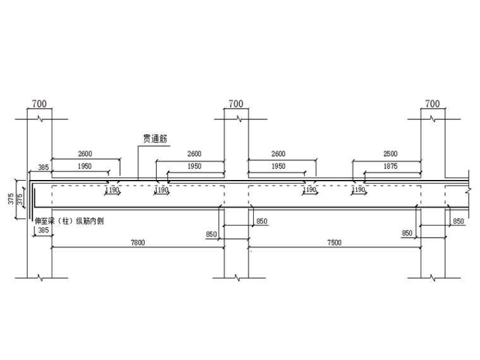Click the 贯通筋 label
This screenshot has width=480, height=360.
point(155,139)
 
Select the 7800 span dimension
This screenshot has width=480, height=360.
point(138,243)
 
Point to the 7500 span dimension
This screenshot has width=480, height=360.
point(334,243)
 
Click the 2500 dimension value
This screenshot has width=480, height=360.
point(390,154)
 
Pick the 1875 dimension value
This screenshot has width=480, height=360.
point(390,166)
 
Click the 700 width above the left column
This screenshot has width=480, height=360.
point(39,104)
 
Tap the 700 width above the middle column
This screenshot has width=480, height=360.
point(236,104)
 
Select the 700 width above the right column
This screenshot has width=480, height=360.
point(433,104)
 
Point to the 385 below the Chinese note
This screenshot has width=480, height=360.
point(43,231)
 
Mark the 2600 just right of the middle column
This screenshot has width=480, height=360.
point(278,154)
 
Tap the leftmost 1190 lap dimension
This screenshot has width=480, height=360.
point(112,189)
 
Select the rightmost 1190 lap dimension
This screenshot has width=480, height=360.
point(358,189)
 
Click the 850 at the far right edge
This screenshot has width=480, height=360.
point(459,221)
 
